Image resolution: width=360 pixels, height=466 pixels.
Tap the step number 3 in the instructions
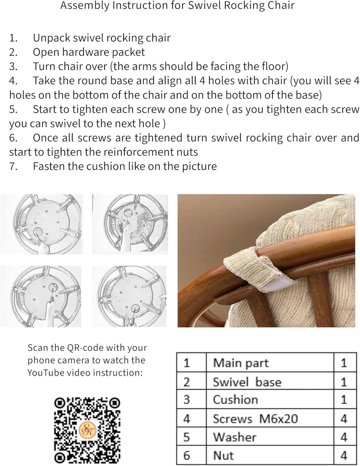pos(13,66)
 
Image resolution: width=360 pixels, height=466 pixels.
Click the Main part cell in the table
pos(241,363)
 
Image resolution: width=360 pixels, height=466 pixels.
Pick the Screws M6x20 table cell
pos(255,419)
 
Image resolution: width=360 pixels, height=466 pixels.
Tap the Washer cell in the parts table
pos(235,437)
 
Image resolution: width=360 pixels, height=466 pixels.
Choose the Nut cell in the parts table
pos(223,455)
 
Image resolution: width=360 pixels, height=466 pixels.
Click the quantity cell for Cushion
pos(344,400)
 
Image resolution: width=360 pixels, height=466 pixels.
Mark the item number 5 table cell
pos(187,437)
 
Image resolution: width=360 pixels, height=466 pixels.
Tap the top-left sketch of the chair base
pos(42,224)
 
